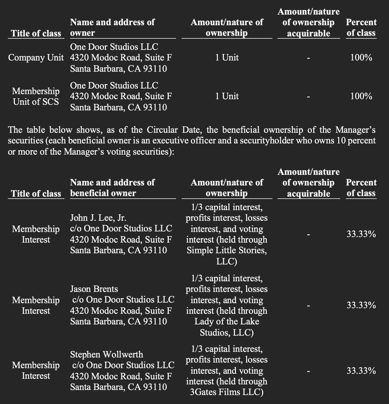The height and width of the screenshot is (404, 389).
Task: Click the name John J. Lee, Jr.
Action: (x=98, y=218)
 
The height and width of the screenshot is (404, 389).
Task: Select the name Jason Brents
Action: (x=94, y=289)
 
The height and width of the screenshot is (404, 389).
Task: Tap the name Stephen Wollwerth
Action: (x=106, y=354)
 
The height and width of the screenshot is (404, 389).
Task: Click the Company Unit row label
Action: (x=36, y=58)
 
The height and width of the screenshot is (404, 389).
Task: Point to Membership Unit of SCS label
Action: (x=36, y=96)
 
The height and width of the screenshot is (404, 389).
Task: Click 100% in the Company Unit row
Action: (x=361, y=58)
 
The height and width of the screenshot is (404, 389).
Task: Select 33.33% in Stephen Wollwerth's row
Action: (x=361, y=371)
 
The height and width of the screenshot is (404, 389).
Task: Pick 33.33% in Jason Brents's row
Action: (x=361, y=305)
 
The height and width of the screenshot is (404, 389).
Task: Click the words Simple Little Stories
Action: (x=226, y=250)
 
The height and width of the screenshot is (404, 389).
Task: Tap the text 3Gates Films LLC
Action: (x=226, y=392)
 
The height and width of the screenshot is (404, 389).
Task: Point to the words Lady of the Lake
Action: (x=226, y=321)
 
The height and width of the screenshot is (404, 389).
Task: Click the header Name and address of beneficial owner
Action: (x=112, y=188)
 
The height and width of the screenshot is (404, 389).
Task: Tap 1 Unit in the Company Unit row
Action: (x=227, y=58)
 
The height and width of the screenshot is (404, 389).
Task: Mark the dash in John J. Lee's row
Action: (x=308, y=234)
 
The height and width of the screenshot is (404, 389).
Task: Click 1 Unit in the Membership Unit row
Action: (x=227, y=96)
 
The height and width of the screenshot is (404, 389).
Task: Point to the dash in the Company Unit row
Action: (x=308, y=58)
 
